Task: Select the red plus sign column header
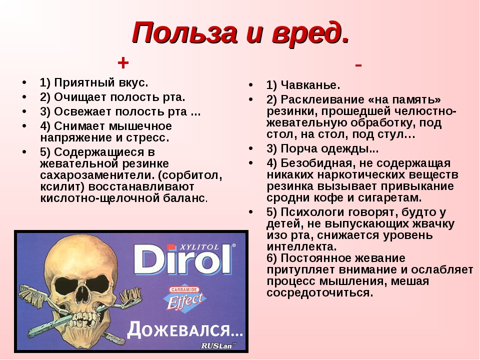(x=123, y=63)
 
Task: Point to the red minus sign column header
(x=358, y=65)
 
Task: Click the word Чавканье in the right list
(x=308, y=85)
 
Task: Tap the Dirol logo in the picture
(x=183, y=260)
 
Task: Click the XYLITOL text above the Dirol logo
(x=199, y=246)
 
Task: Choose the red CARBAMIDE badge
(x=184, y=289)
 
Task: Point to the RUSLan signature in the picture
(x=218, y=345)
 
